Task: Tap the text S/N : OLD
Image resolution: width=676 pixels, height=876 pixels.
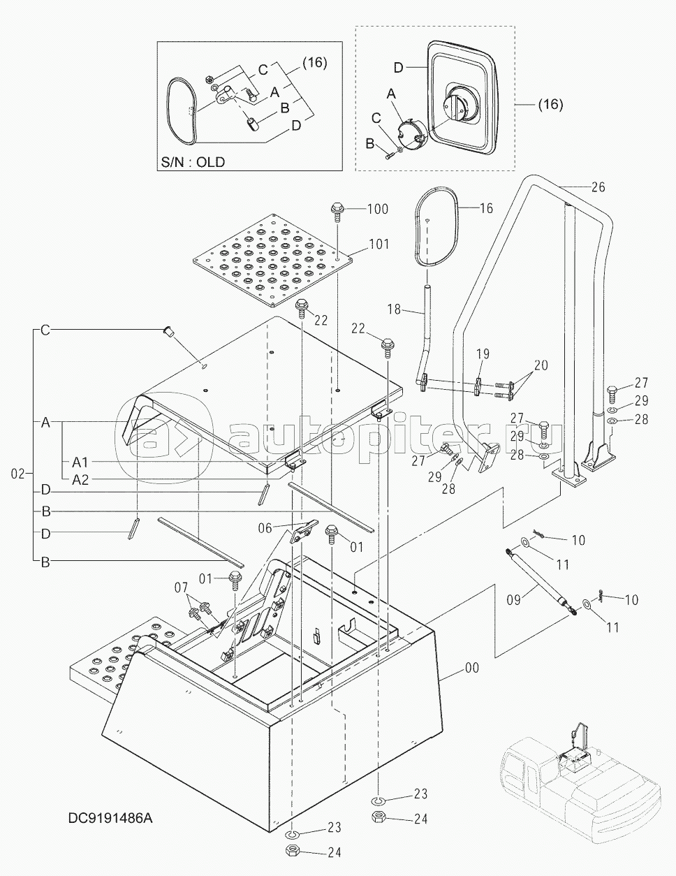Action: pyautogui.click(x=193, y=162)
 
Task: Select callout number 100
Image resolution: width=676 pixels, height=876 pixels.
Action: pyautogui.click(x=378, y=209)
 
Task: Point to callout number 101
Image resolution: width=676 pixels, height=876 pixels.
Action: pyautogui.click(x=379, y=244)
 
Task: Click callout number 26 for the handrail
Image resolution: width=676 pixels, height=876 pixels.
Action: pyautogui.click(x=598, y=187)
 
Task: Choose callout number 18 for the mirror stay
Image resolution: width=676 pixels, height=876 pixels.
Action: pyautogui.click(x=394, y=309)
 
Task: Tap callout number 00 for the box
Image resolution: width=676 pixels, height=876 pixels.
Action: pyautogui.click(x=472, y=668)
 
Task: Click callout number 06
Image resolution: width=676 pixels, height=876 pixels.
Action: pyautogui.click(x=265, y=527)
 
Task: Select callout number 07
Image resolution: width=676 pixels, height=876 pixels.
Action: pyautogui.click(x=182, y=587)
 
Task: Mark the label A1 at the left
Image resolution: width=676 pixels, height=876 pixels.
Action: pyautogui.click(x=80, y=462)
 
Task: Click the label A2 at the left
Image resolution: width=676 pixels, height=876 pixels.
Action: pyautogui.click(x=80, y=480)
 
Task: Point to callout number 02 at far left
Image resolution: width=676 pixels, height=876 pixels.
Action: pyautogui.click(x=17, y=474)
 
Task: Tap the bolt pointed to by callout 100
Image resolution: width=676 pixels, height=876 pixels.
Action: pyautogui.click(x=337, y=212)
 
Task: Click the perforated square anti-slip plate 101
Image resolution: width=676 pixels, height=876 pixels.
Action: pyautogui.click(x=273, y=261)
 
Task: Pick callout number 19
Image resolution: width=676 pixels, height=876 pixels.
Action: pyautogui.click(x=483, y=353)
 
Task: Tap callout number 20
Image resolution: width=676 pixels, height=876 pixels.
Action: pyautogui.click(x=541, y=365)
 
